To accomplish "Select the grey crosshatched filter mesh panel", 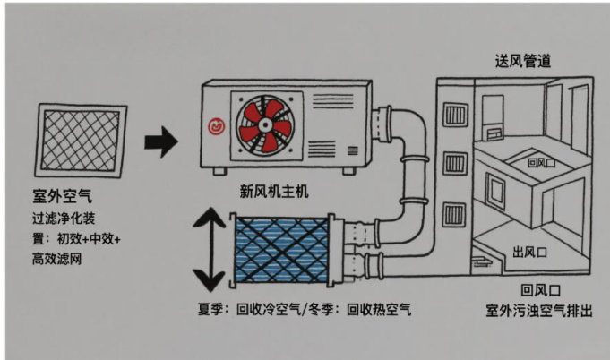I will [x=83, y=142].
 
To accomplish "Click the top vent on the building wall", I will [x=454, y=114].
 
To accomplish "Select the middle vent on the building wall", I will [x=454, y=167].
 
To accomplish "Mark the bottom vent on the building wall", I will [x=454, y=215].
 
